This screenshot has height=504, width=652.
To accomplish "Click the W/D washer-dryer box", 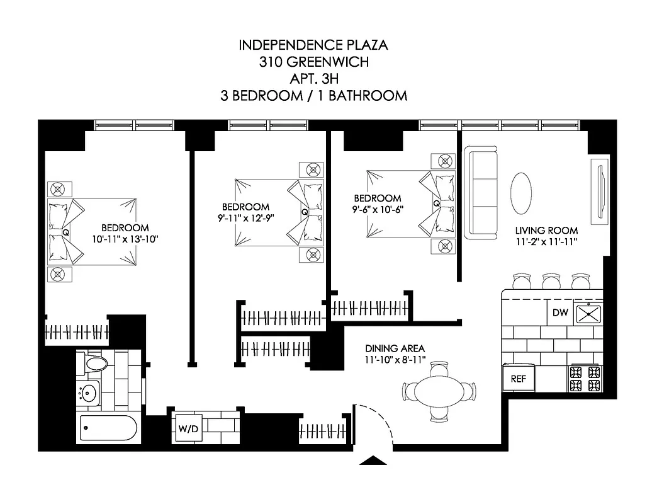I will [x=189, y=429].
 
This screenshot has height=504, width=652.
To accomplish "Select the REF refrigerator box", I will [x=518, y=379].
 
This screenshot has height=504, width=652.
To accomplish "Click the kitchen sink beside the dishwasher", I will [x=590, y=314].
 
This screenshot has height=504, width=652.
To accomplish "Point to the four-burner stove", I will [x=585, y=379].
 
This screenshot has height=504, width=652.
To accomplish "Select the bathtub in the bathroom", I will [x=108, y=430].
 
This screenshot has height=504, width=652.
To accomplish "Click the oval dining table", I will [x=439, y=389].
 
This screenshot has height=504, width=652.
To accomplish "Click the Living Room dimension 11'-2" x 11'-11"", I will [x=546, y=241].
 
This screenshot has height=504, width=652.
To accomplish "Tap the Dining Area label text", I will [x=395, y=348].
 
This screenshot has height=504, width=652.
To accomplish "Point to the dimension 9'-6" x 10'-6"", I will [x=377, y=209].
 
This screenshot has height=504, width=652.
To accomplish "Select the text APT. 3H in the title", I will [x=313, y=79].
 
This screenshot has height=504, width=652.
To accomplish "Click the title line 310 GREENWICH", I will [x=313, y=62].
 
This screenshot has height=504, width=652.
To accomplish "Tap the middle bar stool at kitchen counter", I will [x=551, y=280].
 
